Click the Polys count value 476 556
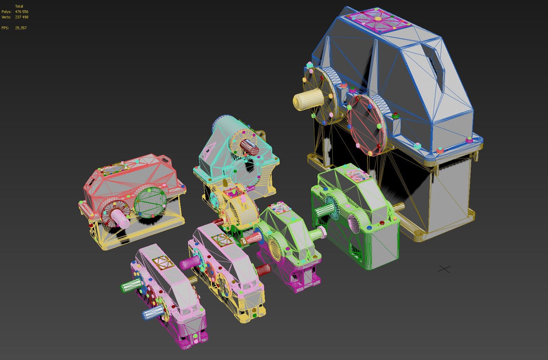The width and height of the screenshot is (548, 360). tap(22, 12)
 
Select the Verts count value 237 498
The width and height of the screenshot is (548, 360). tap(22, 17)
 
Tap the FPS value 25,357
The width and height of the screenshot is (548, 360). tap(21, 28)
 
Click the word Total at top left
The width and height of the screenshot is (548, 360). tap(19, 6)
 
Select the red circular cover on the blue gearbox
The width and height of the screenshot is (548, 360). tap(365, 125)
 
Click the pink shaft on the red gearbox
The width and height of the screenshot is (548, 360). tap(120, 218)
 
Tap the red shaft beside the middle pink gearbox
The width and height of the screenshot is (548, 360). tap(263, 269)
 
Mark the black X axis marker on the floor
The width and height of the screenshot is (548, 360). tap(444, 269)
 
